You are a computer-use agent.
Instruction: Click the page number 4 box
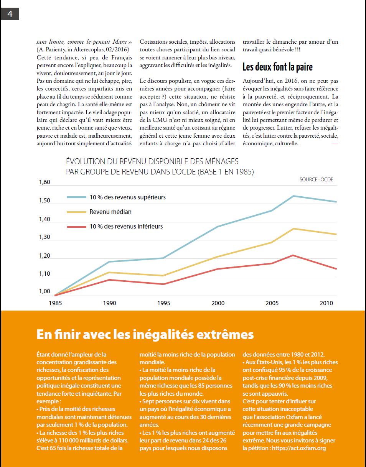click(x=10, y=14)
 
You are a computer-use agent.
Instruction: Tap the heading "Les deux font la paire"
click(x=277, y=67)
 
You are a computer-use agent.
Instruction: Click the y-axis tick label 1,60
click(x=45, y=182)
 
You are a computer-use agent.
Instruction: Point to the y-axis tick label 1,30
click(x=45, y=237)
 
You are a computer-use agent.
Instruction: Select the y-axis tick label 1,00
click(x=45, y=291)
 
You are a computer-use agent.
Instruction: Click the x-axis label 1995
click(x=164, y=303)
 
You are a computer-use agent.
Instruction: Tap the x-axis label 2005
click(x=272, y=303)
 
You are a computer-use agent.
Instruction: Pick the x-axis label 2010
click(x=326, y=303)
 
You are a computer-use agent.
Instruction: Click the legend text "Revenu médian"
click(x=110, y=212)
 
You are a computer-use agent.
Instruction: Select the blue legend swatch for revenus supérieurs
click(x=77, y=197)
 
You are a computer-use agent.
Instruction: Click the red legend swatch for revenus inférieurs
click(x=77, y=227)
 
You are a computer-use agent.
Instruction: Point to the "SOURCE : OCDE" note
click(x=317, y=180)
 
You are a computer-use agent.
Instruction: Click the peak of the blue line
click(x=293, y=196)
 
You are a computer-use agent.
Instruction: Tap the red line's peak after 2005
click(x=293, y=255)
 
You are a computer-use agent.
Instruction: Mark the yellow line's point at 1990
click(x=109, y=272)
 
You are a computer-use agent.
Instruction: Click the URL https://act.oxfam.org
click(x=299, y=448)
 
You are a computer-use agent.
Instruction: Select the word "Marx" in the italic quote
click(x=120, y=42)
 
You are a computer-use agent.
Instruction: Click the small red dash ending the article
click(x=335, y=144)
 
